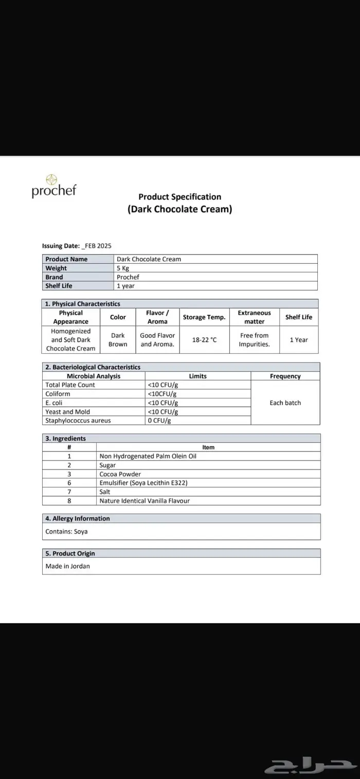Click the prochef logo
(53, 186)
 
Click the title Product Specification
(179, 196)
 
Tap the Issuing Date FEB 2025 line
(77, 246)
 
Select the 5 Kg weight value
(123, 268)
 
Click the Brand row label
(54, 277)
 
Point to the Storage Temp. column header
(204, 317)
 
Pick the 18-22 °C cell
(204, 340)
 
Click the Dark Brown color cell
(118, 340)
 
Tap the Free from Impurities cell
(254, 340)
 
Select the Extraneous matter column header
(254, 317)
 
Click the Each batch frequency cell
(285, 403)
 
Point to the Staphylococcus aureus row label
(78, 421)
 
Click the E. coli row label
(53, 403)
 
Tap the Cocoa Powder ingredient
(120, 474)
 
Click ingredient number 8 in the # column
(69, 501)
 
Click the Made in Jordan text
(67, 566)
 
